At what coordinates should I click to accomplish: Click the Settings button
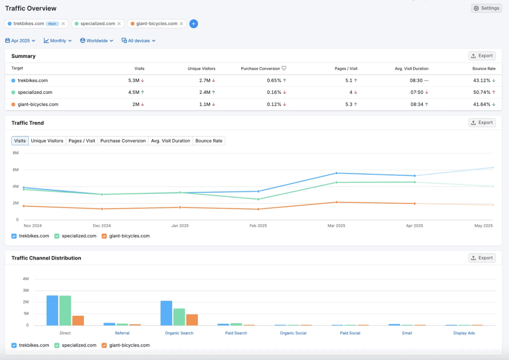pos(486,8)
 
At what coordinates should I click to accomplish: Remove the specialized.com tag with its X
pos(119,24)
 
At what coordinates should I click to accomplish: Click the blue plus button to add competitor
pos(194,24)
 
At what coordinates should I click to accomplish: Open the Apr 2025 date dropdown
pos(20,41)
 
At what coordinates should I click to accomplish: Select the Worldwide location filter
pos(97,41)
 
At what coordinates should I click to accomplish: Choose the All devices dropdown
pos(139,41)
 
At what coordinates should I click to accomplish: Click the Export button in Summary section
pos(482,56)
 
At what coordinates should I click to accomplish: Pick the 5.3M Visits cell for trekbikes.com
pos(134,81)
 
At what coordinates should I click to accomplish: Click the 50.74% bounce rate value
pos(482,93)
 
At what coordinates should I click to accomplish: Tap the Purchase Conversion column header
pos(260,69)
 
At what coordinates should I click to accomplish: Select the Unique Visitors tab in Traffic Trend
pos(47,141)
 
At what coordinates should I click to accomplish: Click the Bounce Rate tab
pos(209,141)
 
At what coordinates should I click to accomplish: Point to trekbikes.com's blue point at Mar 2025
pos(336,173)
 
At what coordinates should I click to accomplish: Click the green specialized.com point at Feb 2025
pos(258,199)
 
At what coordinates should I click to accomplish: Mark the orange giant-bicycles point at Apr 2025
pos(414,204)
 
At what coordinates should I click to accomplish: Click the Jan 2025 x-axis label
pos(180,226)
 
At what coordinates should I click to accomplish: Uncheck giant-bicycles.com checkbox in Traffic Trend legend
pos(104,236)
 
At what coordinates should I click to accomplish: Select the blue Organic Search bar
pos(166,313)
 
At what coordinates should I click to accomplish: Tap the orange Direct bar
pos(78,320)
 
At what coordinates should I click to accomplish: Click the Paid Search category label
pos(236,333)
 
